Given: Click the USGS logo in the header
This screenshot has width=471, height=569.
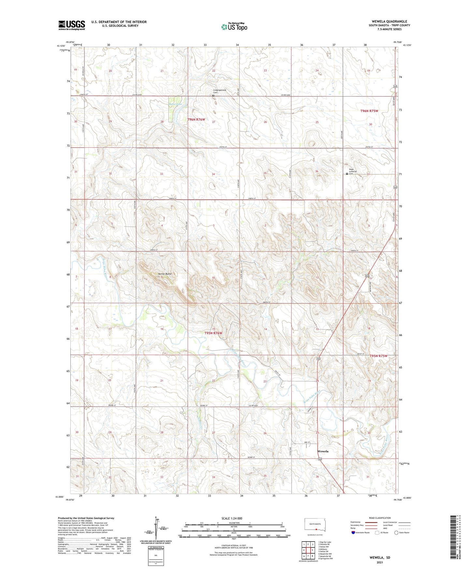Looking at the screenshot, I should pos(72,25).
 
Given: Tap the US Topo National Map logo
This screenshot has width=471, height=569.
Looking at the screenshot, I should pos(234,27).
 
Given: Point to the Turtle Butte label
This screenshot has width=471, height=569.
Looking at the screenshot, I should pos(165,274).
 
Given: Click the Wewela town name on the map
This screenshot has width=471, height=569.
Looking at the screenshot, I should pos(323,451).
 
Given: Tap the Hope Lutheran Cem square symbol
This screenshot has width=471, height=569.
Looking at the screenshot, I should pos(347,174).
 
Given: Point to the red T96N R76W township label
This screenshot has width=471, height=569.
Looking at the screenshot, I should pos(196,120).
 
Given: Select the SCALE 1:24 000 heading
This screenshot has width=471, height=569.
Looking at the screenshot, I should pos(232,518).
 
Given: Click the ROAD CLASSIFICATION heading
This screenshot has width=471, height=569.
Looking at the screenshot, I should pos(380,518).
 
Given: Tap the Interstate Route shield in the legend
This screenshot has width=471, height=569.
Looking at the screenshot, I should pos(354,533).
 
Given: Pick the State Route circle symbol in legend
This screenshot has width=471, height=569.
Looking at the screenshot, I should pos(396,533).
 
